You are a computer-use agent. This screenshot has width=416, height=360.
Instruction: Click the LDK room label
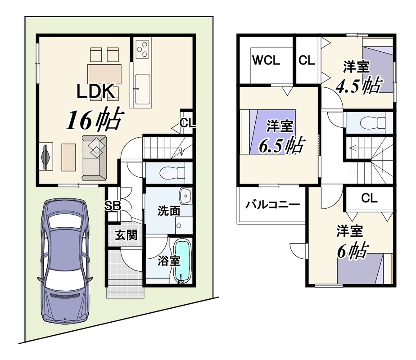[x=96, y=91]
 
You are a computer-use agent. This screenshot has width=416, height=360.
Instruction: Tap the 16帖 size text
[x=95, y=120]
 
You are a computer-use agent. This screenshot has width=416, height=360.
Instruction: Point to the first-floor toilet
[x=172, y=173]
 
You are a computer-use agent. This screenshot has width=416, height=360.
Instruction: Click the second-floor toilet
[x=373, y=122]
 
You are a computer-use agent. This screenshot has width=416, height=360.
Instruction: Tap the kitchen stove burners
[x=142, y=49]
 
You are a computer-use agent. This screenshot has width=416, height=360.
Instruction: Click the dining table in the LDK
[x=104, y=74]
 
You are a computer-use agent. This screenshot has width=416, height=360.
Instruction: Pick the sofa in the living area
[x=94, y=158]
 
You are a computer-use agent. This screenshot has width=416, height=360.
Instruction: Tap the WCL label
[x=266, y=60]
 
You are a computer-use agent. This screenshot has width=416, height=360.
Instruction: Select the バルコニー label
[x=272, y=204]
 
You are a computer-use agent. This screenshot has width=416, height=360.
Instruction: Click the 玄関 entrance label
[x=126, y=235]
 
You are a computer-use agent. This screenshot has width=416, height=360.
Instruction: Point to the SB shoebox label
[x=113, y=206]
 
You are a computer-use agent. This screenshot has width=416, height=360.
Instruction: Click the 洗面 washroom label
[x=169, y=211]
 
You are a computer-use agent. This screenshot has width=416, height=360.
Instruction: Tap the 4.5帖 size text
[x=359, y=85]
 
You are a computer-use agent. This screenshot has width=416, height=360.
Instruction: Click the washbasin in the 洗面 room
[x=185, y=196]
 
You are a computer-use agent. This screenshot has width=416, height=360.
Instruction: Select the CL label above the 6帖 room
[x=369, y=198]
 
